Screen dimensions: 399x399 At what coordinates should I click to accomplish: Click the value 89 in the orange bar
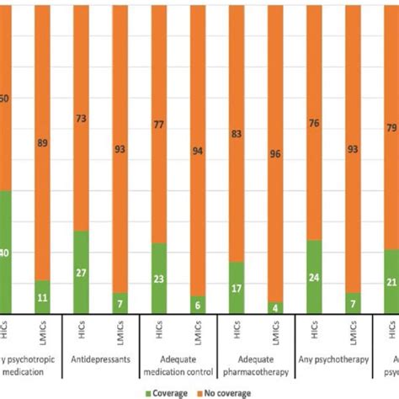pos(43,144)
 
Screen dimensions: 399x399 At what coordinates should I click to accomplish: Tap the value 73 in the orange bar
pos(82,119)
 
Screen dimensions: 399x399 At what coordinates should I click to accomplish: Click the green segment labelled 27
pos(82,272)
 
